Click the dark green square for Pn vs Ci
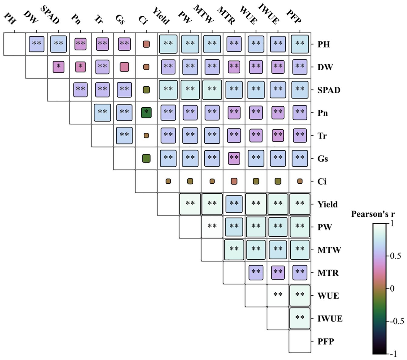146,113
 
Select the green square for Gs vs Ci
146,158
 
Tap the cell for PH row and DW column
37,44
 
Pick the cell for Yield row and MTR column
234,204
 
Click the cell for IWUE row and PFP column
300,318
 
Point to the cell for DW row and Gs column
124,67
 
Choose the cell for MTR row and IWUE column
278,272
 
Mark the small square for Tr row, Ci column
146,135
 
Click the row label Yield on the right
327,204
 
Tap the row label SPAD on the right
329,90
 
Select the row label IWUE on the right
330,318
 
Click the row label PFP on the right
326,342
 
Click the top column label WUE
249,15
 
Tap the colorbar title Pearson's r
373,214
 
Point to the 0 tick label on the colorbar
392,288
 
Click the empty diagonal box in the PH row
15,44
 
